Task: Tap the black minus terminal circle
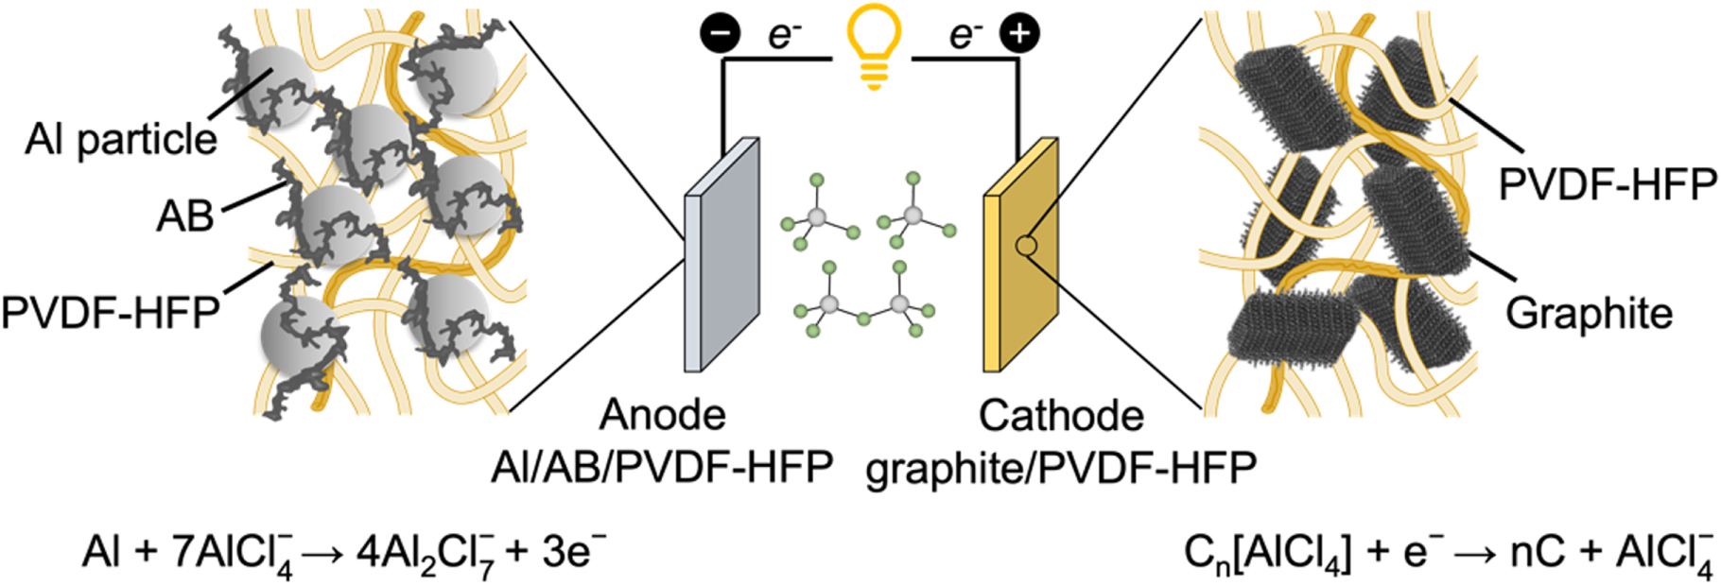[x=720, y=34]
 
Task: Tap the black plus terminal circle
[x=1019, y=34]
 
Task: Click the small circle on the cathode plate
[x=1026, y=246]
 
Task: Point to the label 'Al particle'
[x=121, y=140]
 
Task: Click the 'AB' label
[x=185, y=216]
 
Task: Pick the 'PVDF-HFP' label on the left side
[x=111, y=312]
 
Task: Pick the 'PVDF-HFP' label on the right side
[x=1608, y=185]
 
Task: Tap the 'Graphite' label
[x=1589, y=313]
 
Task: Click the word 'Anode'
[x=663, y=415]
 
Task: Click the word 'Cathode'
[x=1061, y=415]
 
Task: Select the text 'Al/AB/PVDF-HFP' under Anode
[x=662, y=466]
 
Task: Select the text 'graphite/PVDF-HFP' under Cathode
[x=1061, y=466]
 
